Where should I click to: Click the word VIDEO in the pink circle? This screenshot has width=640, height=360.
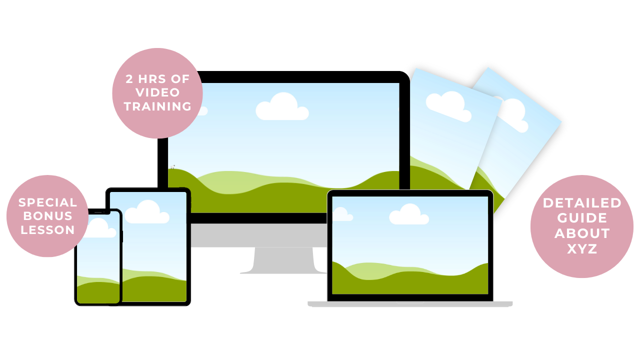pyautogui.click(x=157, y=93)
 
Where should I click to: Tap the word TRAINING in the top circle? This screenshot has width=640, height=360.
pyautogui.click(x=157, y=106)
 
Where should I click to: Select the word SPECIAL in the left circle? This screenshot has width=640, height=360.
pyautogui.click(x=48, y=202)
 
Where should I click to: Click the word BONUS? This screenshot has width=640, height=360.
pyautogui.click(x=48, y=216)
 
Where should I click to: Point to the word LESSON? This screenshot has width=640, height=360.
pyautogui.click(x=48, y=230)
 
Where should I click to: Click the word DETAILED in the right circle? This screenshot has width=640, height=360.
pyautogui.click(x=582, y=203)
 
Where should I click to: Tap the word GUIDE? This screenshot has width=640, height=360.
pyautogui.click(x=582, y=218)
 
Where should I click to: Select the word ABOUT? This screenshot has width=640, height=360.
pyautogui.click(x=582, y=233)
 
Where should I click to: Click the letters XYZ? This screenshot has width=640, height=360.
pyautogui.click(x=582, y=249)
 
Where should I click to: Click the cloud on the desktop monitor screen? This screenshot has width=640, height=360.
pyautogui.click(x=282, y=107)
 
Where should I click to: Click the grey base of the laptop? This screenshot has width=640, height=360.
pyautogui.click(x=410, y=303)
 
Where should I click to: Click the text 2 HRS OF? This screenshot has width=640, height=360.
pyautogui.click(x=157, y=79)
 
